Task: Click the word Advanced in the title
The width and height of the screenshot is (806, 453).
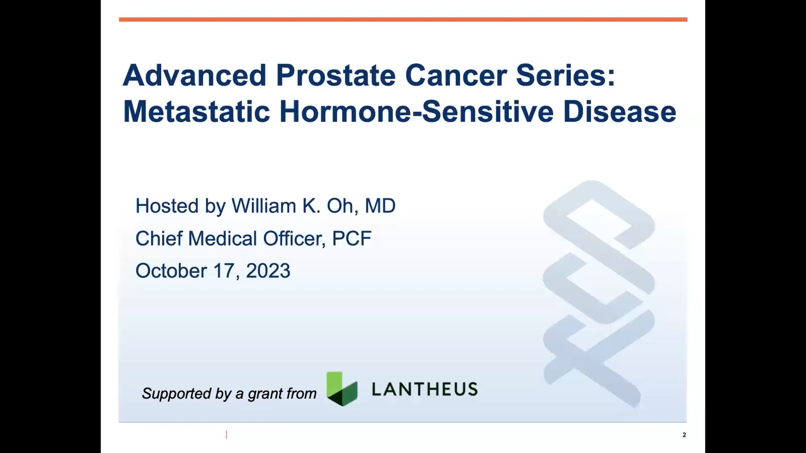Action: [195, 75]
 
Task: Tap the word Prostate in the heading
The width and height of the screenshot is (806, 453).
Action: [336, 75]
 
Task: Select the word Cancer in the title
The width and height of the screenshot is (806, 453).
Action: [456, 75]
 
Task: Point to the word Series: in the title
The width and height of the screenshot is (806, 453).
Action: [565, 75]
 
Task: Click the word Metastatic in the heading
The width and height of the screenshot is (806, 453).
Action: [196, 112]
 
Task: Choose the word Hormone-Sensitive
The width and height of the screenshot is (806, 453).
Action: [416, 112]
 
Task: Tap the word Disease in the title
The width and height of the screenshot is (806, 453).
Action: [620, 112]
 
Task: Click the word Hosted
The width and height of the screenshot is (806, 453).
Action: [167, 206]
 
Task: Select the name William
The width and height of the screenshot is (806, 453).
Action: [264, 206]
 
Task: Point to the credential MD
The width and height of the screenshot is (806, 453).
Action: [380, 206]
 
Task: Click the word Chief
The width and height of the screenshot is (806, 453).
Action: [159, 238]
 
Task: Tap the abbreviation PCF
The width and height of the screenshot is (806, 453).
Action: [352, 238]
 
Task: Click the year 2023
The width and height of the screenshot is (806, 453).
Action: [268, 271]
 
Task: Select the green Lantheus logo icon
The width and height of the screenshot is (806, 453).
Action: [342, 389]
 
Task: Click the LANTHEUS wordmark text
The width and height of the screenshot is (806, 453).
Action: [425, 389]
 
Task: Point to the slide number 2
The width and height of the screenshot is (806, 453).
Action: [684, 435]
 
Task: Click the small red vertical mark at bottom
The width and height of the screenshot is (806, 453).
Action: [227, 435]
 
